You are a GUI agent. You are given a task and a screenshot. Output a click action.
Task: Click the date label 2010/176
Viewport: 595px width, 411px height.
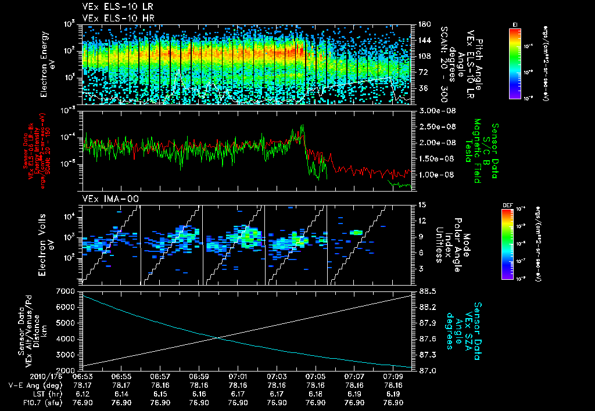pos(23,377)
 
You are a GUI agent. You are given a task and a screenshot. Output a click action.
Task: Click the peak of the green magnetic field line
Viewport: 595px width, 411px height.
pos(302,125)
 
